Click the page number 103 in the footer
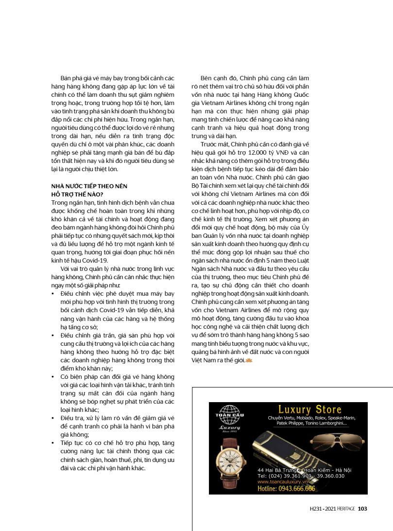(x=362, y=509)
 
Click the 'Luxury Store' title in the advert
(x=309, y=409)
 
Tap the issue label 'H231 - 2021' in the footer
(x=322, y=509)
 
